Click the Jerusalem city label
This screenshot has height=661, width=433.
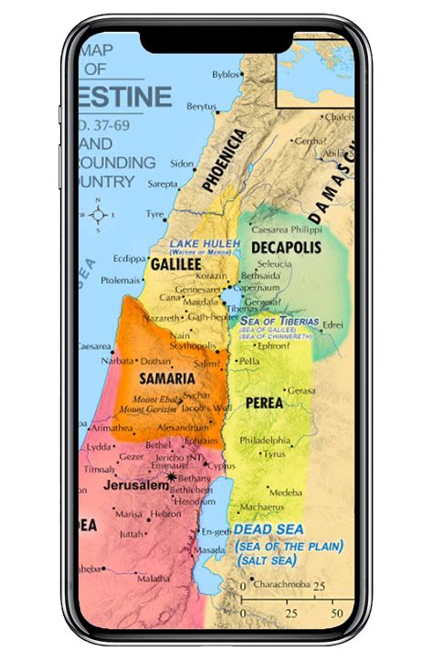click(x=137, y=485)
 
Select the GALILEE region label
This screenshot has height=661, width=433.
click(x=175, y=263)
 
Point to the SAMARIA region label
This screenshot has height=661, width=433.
click(x=167, y=378)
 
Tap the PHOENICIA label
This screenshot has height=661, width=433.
click(x=225, y=159)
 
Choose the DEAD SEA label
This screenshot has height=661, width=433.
click(x=267, y=529)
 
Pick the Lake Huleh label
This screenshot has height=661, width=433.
click(x=203, y=243)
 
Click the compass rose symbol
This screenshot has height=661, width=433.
click(x=100, y=215)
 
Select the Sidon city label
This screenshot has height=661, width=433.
click(x=182, y=164)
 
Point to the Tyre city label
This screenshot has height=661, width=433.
click(x=154, y=214)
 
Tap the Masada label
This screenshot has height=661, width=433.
click(x=209, y=550)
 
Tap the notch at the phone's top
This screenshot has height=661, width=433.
click(x=216, y=39)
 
